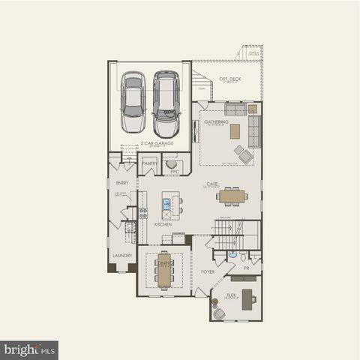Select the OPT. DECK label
coord(229,79)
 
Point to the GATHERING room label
coord(217,121)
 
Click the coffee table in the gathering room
coord(235,131)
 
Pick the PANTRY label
coord(149,163)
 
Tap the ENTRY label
coord(122,182)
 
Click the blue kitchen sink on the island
coord(166,202)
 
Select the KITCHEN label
coord(163,223)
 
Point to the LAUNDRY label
coord(122,255)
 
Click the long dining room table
coord(163,268)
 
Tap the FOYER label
coord(208,271)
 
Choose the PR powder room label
coord(246,267)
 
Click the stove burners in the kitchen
coord(142,211)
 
